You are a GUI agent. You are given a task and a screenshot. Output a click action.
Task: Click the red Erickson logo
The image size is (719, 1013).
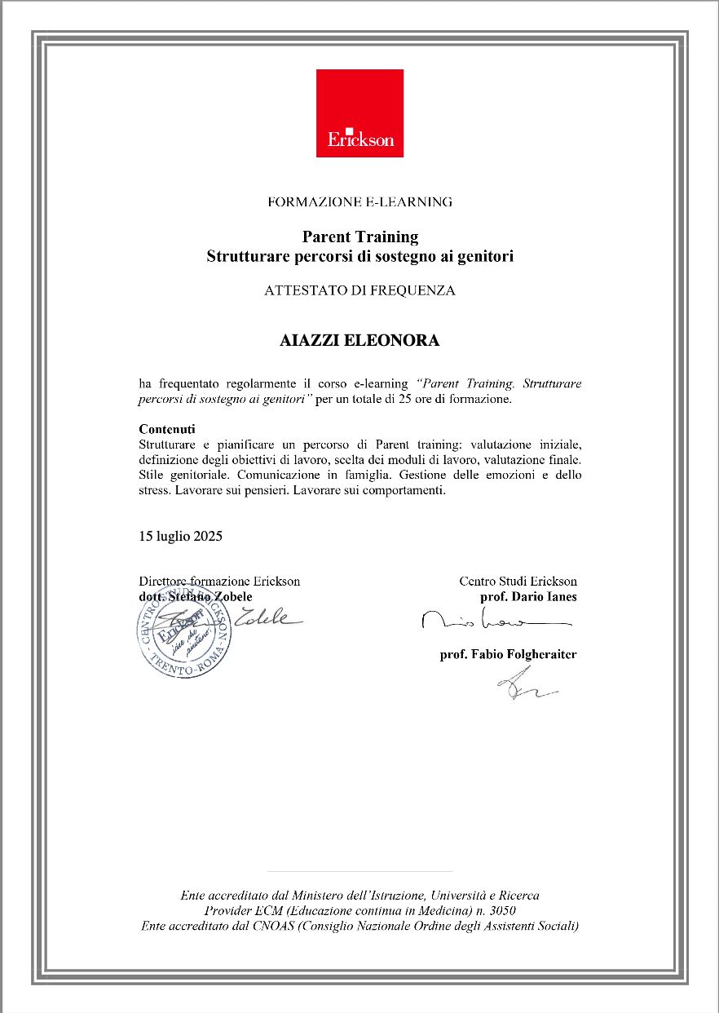(x=359, y=113)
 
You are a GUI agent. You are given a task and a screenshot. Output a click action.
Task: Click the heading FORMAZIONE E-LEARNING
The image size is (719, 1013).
(x=359, y=201)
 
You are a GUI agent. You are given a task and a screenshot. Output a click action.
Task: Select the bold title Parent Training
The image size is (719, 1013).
(x=359, y=237)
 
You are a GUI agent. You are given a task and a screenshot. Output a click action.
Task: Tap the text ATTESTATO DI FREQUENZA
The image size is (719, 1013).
(x=359, y=290)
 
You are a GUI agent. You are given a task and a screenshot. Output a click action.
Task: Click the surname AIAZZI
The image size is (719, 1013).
(x=314, y=341)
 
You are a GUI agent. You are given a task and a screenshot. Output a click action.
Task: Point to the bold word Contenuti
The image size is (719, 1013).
(x=167, y=429)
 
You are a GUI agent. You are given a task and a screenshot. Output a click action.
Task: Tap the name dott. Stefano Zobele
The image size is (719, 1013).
(x=195, y=596)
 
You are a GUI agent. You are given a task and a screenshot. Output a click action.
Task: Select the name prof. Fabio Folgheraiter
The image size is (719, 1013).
(x=508, y=654)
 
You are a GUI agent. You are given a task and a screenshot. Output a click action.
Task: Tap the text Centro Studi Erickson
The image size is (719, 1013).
(x=518, y=582)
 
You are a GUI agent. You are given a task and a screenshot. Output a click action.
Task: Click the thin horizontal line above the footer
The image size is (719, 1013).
(x=359, y=872)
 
